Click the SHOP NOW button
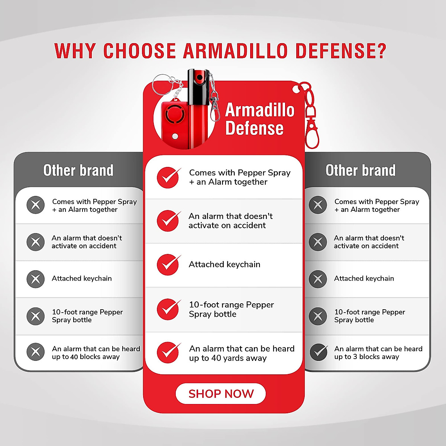[x=221, y=394]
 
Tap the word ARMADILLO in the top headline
[x=235, y=51]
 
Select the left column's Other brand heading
[x=78, y=170]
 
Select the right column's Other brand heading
[x=361, y=170]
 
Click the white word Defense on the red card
[x=254, y=128]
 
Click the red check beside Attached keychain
[x=168, y=265]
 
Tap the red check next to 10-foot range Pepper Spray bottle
[x=168, y=309]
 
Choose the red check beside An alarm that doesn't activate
[x=168, y=221]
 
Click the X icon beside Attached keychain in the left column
[x=36, y=279]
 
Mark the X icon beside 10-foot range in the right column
[x=318, y=316]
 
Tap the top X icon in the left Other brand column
[x=36, y=205]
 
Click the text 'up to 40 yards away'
[x=228, y=358]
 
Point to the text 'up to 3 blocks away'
[x=366, y=357]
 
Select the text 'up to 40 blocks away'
[x=86, y=357]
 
